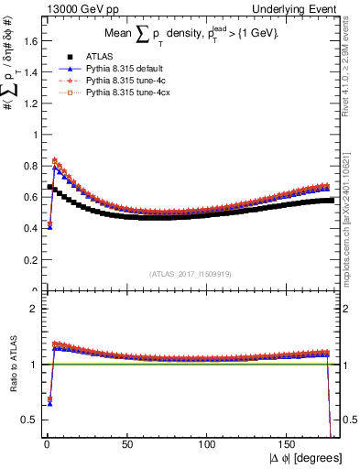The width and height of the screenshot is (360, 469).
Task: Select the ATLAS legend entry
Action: click(x=98, y=55)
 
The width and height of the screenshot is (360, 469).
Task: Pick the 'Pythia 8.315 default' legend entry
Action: click(x=126, y=68)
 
